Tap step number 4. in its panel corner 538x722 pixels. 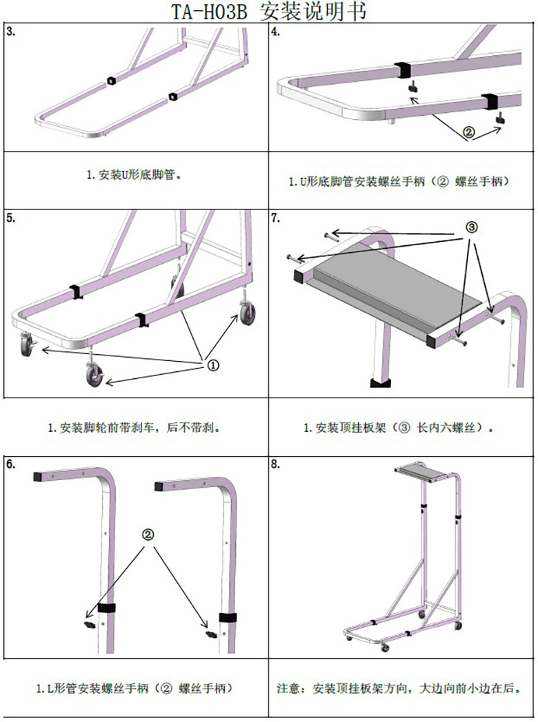point(275,32)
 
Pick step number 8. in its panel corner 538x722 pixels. point(275,464)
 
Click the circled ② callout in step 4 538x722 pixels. point(469,134)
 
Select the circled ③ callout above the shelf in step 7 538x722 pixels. point(472,227)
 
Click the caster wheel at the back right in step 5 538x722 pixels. point(248,313)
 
